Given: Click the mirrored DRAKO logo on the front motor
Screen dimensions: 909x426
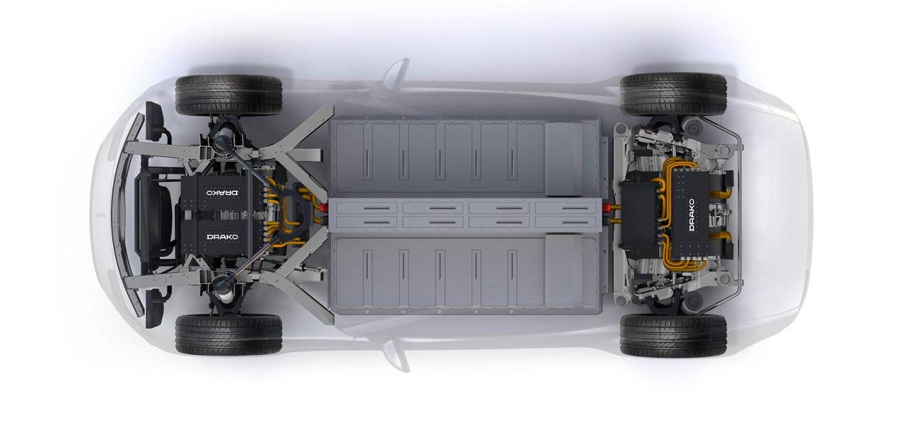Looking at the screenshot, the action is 222,192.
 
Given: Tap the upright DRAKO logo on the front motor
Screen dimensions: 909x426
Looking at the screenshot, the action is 222,236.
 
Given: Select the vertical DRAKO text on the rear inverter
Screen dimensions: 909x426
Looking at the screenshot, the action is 692,215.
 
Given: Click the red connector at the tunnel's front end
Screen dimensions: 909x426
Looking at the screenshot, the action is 323,208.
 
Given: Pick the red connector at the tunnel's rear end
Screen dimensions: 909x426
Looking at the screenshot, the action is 607,208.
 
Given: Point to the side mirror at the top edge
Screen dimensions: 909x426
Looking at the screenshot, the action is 395,73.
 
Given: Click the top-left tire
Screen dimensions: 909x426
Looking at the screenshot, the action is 229,95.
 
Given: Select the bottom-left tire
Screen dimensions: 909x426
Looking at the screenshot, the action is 229,334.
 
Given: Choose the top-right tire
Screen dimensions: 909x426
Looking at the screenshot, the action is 673,94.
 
